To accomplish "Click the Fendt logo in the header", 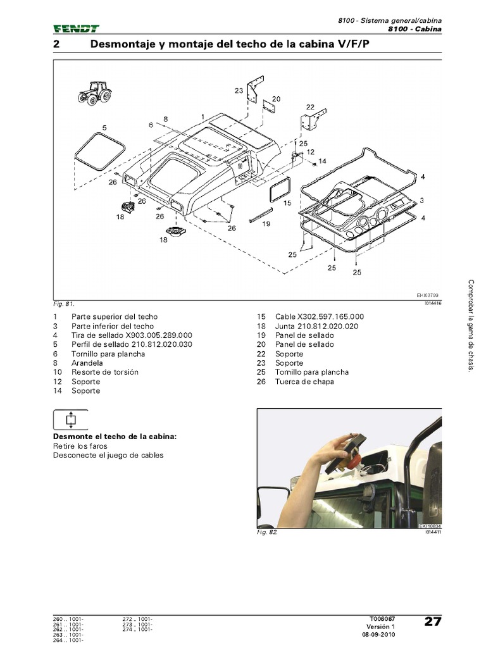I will (x=76, y=28).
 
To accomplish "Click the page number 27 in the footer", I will (x=432, y=621).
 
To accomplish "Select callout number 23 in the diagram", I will (x=239, y=91).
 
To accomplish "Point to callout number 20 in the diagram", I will (x=277, y=99).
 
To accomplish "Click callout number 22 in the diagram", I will (x=310, y=107).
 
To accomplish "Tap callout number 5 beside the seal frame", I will (x=104, y=128).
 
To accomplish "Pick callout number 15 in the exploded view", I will (x=287, y=204).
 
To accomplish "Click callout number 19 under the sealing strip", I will (x=266, y=224).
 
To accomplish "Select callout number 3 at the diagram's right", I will (x=422, y=200).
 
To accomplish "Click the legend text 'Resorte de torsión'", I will (x=105, y=372).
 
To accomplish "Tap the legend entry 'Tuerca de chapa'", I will (x=304, y=382).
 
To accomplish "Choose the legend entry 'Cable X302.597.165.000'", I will (x=320, y=316).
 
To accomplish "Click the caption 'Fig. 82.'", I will (x=268, y=533).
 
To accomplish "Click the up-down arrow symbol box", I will (x=70, y=420).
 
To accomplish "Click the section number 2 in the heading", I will (x=56, y=45).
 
